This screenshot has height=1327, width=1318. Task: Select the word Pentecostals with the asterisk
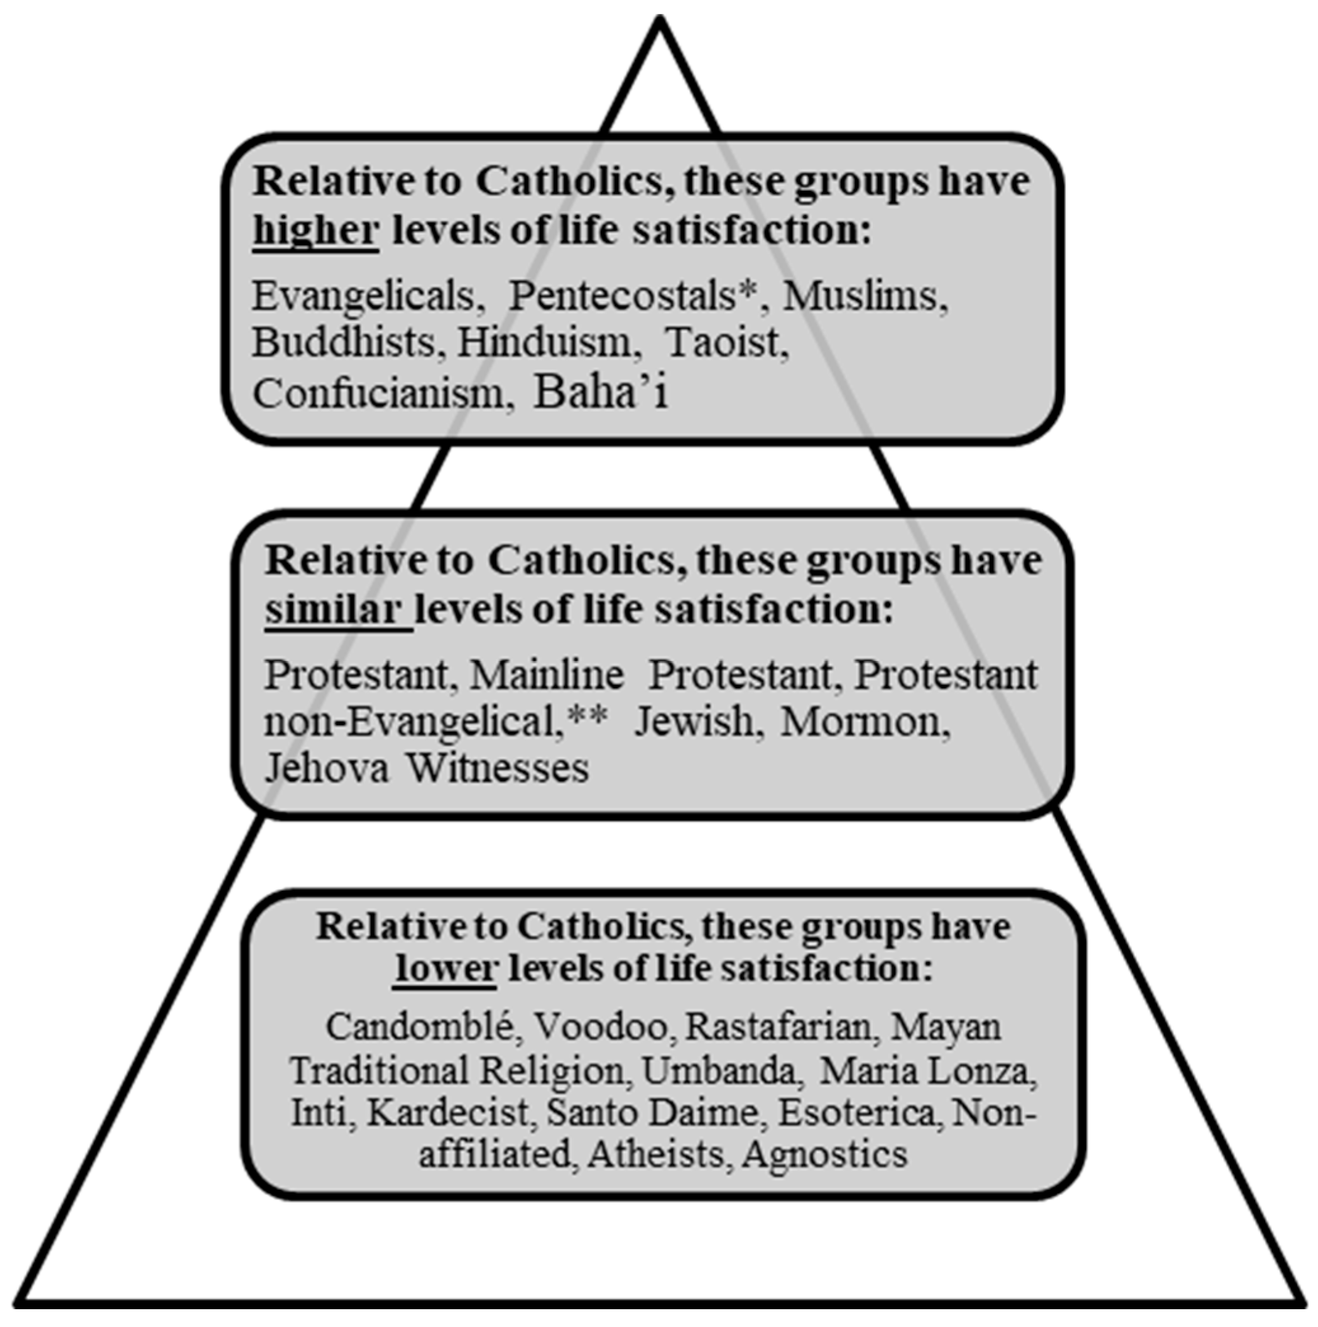pyautogui.click(x=636, y=296)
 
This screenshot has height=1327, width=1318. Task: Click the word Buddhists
pyautogui.click(x=344, y=341)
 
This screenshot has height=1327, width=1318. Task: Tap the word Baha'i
pyautogui.click(x=601, y=391)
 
